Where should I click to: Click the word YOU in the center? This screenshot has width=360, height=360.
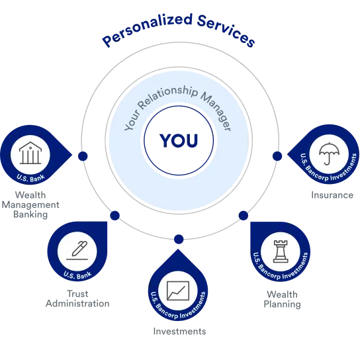point(179,140)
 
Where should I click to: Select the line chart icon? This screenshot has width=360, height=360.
point(178,290)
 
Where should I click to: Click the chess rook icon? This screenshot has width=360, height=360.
point(281,250)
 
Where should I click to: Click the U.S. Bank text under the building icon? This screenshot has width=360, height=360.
point(31,177)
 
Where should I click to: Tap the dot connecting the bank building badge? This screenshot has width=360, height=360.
point(83,156)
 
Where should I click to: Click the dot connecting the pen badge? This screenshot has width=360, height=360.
point(116,216)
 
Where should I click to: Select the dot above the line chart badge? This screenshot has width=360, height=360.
point(179,239)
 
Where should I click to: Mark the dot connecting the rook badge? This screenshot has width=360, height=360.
point(242,215)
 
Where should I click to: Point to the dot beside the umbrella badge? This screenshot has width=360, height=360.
point(277,156)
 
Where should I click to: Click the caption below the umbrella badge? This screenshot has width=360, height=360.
point(330,196)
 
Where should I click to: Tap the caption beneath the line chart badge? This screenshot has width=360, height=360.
point(179,332)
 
